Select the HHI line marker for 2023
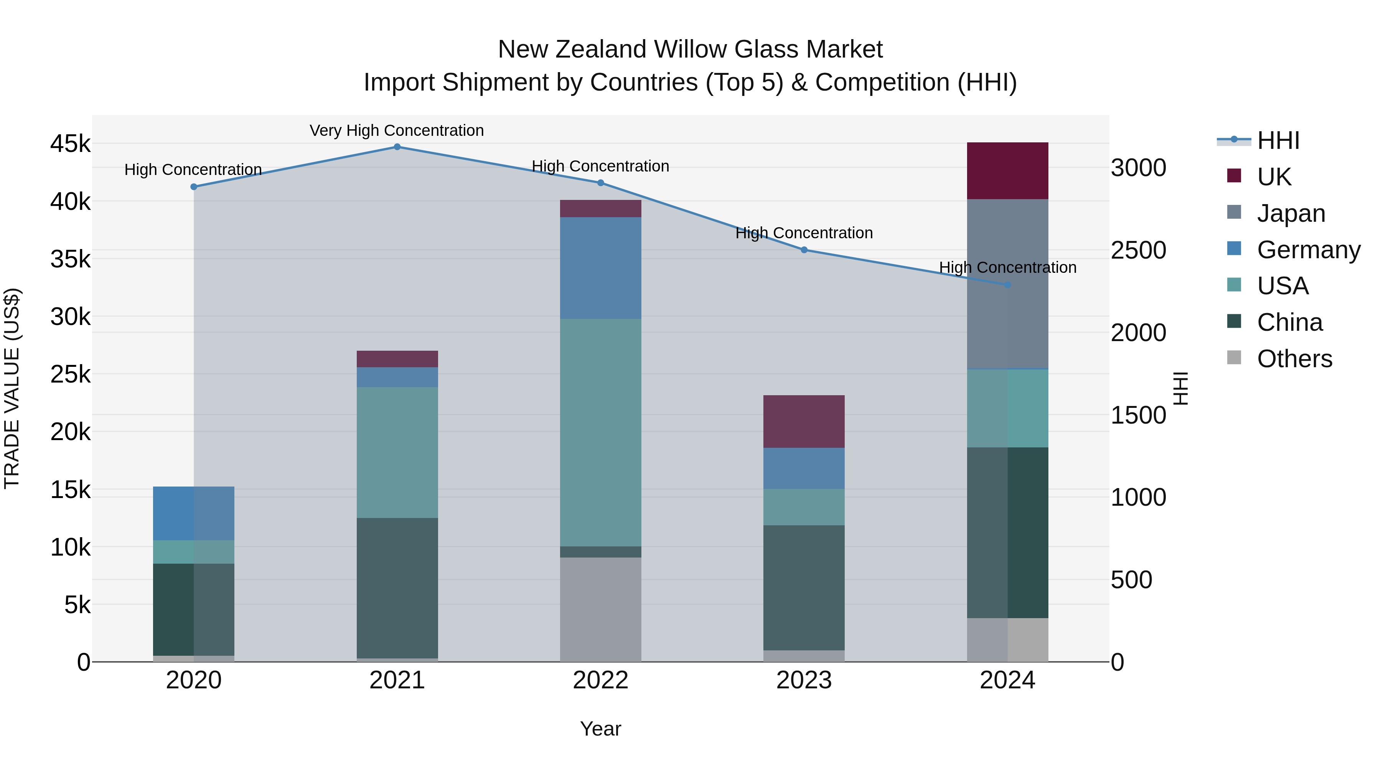[804, 250]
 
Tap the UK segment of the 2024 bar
[1007, 170]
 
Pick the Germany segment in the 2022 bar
[600, 268]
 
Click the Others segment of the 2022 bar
[600, 609]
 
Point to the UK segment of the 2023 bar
[804, 421]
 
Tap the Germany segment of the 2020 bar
[194, 513]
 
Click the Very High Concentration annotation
[397, 131]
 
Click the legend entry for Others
[1294, 359]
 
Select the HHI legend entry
[1277, 140]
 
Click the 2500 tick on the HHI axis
[1138, 251]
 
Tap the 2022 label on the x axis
[600, 680]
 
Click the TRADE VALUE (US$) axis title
[12, 388]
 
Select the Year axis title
[600, 729]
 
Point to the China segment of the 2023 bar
[804, 588]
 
